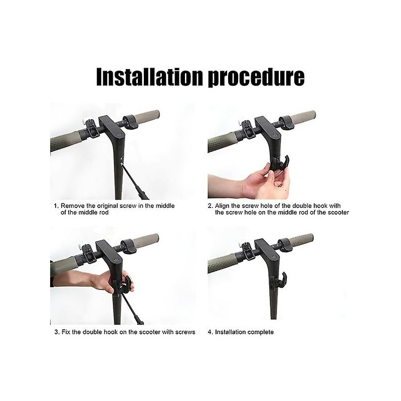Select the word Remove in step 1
click(x=73, y=206)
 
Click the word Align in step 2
click(x=224, y=206)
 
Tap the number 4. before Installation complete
click(x=210, y=332)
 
